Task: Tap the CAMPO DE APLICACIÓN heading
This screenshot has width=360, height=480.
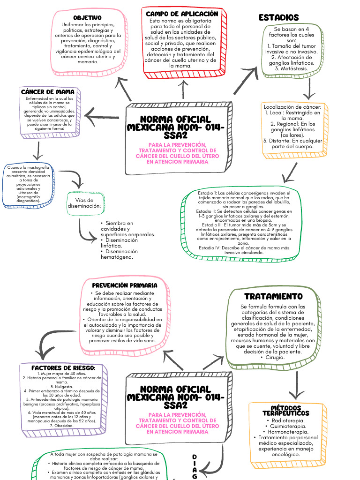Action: tap(182, 14)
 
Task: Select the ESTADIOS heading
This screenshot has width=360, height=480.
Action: tap(278, 18)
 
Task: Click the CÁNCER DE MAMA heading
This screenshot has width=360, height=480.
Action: tap(48, 92)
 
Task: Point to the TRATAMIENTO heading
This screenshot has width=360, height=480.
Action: tap(273, 297)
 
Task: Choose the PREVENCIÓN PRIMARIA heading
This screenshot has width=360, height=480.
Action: tap(124, 285)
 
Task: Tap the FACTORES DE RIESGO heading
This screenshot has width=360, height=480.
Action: tap(63, 368)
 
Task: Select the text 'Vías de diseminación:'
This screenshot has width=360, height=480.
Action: tap(84, 202)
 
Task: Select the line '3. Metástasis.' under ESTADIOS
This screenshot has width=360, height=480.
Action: tap(291, 68)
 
